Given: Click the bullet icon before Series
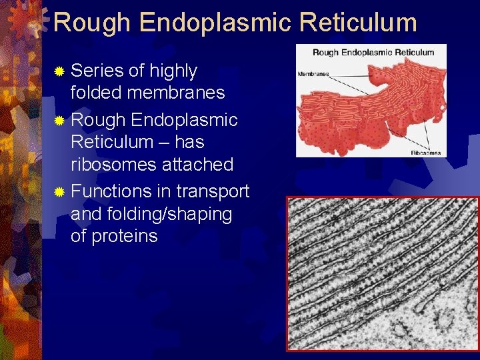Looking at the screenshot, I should coord(60,71).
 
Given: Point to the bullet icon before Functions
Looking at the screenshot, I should coord(60,192).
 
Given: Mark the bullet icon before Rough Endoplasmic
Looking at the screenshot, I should coord(60,121).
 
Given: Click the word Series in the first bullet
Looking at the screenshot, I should coord(98,71).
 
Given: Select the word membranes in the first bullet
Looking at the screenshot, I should coord(177,93).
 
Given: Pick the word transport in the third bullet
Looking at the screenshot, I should coord(213,192).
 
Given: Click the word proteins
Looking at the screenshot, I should coord(124,236).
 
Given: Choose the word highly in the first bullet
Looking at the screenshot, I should coord(173,71).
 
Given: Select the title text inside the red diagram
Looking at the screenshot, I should coord(373,52).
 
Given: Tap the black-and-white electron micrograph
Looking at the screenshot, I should coord(383,273).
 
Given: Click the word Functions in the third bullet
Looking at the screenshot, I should coord(111,192).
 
